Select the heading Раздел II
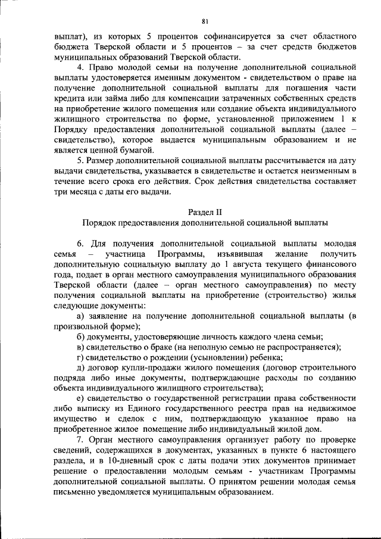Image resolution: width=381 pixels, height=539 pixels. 205,211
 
